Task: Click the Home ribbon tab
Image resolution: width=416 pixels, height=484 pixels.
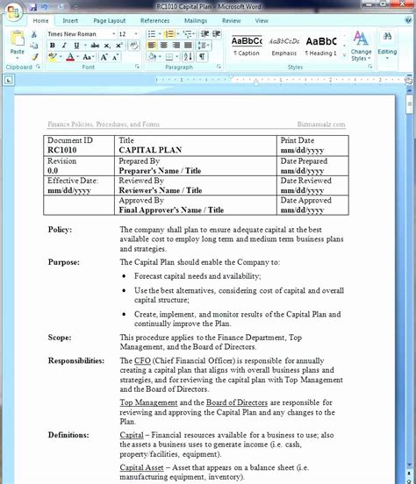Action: point(40,19)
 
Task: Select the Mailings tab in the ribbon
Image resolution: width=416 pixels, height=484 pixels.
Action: point(196,19)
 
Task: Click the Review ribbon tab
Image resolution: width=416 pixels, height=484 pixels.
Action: point(232,19)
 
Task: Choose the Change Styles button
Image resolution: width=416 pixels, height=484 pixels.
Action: point(361,46)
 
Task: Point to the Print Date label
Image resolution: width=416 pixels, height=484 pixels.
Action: point(298,140)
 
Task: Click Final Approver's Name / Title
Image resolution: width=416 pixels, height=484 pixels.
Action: point(171,210)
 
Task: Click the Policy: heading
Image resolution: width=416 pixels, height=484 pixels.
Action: point(61,230)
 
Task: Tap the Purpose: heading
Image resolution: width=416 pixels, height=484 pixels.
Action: point(63,261)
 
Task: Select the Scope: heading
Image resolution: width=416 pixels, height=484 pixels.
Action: point(60,337)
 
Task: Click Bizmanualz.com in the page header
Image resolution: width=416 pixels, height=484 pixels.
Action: point(321,125)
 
